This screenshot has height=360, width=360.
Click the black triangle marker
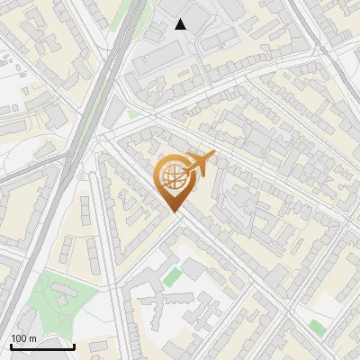point(181,24)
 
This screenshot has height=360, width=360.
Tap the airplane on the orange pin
point(199,165)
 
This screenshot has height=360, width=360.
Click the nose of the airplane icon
point(214,155)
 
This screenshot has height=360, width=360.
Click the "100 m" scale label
point(23,338)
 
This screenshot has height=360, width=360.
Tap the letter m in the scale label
point(32,338)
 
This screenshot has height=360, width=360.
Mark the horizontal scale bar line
point(42,346)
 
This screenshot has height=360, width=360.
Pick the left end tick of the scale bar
point(11,345)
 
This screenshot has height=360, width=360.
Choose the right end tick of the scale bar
point(74,345)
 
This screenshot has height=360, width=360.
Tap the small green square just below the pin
point(172,276)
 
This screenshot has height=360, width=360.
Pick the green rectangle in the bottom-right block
point(317,328)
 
